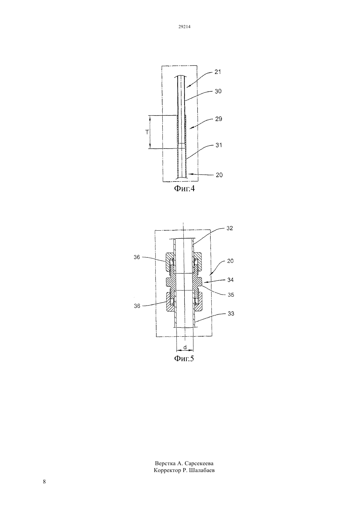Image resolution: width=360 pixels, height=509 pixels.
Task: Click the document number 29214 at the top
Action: tap(184, 27)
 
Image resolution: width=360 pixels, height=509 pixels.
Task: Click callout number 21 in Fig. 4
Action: tap(218, 72)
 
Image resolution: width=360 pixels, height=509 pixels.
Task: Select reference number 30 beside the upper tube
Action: tap(218, 91)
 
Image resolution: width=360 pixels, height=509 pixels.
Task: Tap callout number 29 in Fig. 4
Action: tap(219, 119)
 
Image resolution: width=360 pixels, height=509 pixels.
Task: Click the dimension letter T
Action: tap(147, 132)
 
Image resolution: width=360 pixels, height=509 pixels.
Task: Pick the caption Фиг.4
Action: tap(184, 188)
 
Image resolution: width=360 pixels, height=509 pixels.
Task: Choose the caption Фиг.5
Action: tap(184, 358)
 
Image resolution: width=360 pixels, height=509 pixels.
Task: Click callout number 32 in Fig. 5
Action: tap(230, 228)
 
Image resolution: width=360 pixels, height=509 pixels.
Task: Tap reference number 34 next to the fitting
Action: tap(230, 280)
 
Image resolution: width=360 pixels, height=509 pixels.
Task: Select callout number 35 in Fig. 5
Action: tap(231, 295)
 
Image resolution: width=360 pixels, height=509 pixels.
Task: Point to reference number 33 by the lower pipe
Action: tap(231, 314)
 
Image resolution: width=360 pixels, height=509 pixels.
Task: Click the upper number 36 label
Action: tap(137, 257)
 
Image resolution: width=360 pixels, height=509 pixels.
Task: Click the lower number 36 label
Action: tap(137, 306)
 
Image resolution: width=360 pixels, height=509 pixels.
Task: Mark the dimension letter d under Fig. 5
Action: tap(185, 347)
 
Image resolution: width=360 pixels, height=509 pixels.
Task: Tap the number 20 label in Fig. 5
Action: tap(230, 261)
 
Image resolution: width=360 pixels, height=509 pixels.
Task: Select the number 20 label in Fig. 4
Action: tap(219, 175)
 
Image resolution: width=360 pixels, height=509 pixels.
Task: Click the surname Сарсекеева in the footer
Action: tap(199, 463)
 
